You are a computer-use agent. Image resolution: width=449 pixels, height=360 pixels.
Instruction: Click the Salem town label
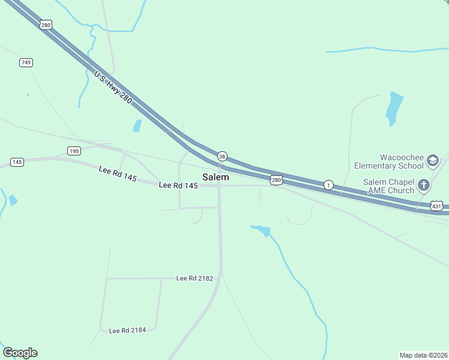(215, 177)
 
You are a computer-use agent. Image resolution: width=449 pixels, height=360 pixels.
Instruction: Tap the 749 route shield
(26, 62)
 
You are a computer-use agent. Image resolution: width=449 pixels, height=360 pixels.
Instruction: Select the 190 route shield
(74, 151)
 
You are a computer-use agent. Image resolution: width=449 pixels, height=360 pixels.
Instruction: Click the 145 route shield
(17, 163)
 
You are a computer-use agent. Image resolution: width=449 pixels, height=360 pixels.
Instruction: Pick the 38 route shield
(222, 156)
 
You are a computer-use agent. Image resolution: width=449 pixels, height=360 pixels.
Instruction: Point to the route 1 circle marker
(328, 185)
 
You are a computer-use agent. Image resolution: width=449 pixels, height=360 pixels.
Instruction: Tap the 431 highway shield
(437, 206)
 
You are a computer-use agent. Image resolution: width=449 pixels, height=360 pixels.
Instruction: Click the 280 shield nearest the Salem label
(276, 180)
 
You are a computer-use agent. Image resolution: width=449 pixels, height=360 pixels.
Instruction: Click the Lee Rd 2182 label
(194, 278)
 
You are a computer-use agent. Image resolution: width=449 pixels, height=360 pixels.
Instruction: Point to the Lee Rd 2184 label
(127, 330)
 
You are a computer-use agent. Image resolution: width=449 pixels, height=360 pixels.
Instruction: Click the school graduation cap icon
(433, 161)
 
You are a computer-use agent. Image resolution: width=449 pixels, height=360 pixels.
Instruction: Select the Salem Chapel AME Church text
(388, 186)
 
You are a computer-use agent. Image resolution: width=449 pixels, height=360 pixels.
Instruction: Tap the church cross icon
(424, 185)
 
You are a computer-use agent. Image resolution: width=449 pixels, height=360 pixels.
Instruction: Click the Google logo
(20, 353)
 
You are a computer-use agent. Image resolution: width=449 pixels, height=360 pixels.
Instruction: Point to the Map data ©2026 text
(423, 355)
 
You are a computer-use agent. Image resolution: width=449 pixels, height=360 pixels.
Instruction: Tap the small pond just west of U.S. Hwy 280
(137, 126)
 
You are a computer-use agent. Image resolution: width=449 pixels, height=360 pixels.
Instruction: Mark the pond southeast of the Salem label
(263, 230)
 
